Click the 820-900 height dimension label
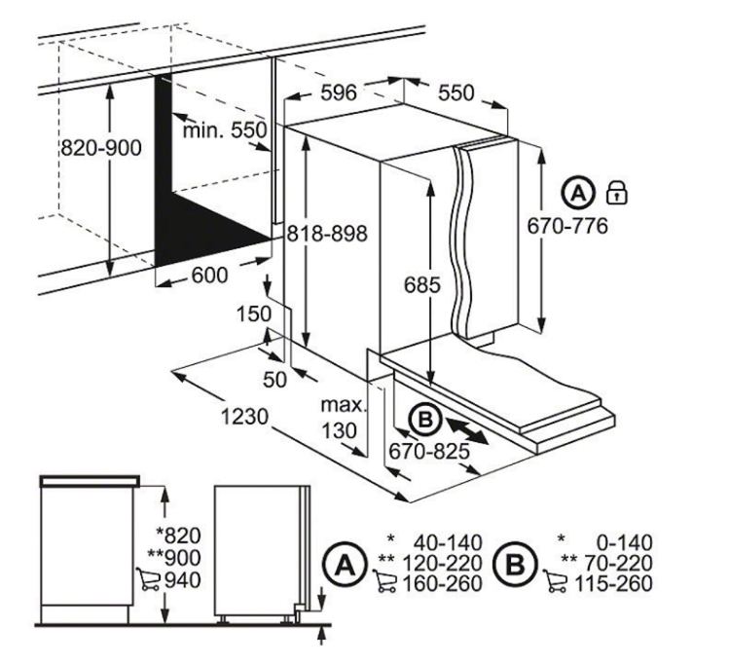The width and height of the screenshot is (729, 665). (101, 148)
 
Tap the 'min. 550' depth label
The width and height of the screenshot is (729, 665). (225, 130)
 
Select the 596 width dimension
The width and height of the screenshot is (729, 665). (339, 92)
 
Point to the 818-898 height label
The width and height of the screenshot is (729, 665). (327, 234)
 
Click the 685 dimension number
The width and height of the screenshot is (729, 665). (421, 284)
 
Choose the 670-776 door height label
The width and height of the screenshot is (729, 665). (567, 227)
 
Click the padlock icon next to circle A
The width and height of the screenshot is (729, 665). (616, 193)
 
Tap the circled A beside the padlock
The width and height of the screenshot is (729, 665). (578, 193)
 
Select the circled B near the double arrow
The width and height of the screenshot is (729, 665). (424, 420)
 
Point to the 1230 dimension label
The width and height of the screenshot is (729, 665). (244, 417)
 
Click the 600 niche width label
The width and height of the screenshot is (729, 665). (209, 276)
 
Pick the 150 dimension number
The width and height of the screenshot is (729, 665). (254, 314)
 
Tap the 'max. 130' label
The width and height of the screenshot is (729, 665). (344, 418)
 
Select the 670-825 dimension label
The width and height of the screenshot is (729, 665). (429, 451)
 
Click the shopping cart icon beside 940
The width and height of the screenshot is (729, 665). (148, 578)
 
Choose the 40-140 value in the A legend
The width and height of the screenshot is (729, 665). (448, 542)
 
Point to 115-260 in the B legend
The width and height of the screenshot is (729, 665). (614, 583)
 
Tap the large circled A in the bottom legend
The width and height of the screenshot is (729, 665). (344, 566)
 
